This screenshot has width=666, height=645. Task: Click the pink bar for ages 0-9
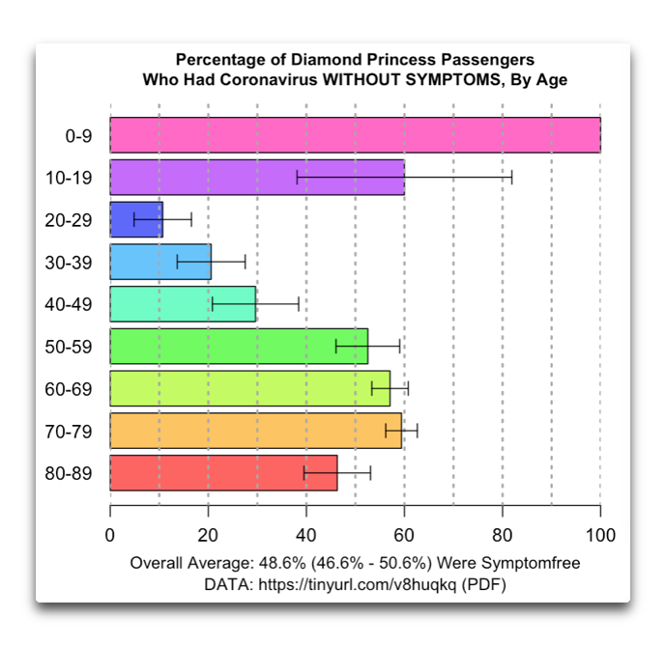(x=355, y=135)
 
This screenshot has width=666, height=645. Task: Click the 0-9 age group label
(x=78, y=136)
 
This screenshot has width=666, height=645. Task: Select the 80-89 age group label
(x=69, y=473)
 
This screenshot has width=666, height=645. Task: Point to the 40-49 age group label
(x=69, y=304)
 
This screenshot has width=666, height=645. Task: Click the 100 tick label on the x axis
(x=600, y=536)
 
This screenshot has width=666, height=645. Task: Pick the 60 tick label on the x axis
(x=404, y=536)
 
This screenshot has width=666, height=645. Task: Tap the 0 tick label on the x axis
(x=110, y=536)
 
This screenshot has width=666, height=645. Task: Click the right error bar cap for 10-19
(x=511, y=178)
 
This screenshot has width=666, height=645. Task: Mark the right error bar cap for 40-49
(x=299, y=303)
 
